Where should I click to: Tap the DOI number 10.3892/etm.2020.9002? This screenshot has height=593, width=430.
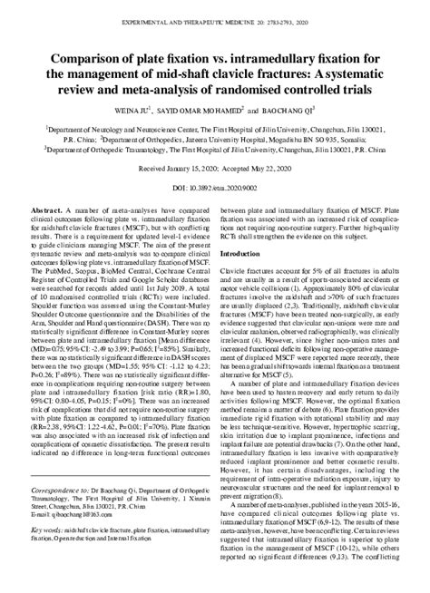pyautogui.click(x=226, y=188)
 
